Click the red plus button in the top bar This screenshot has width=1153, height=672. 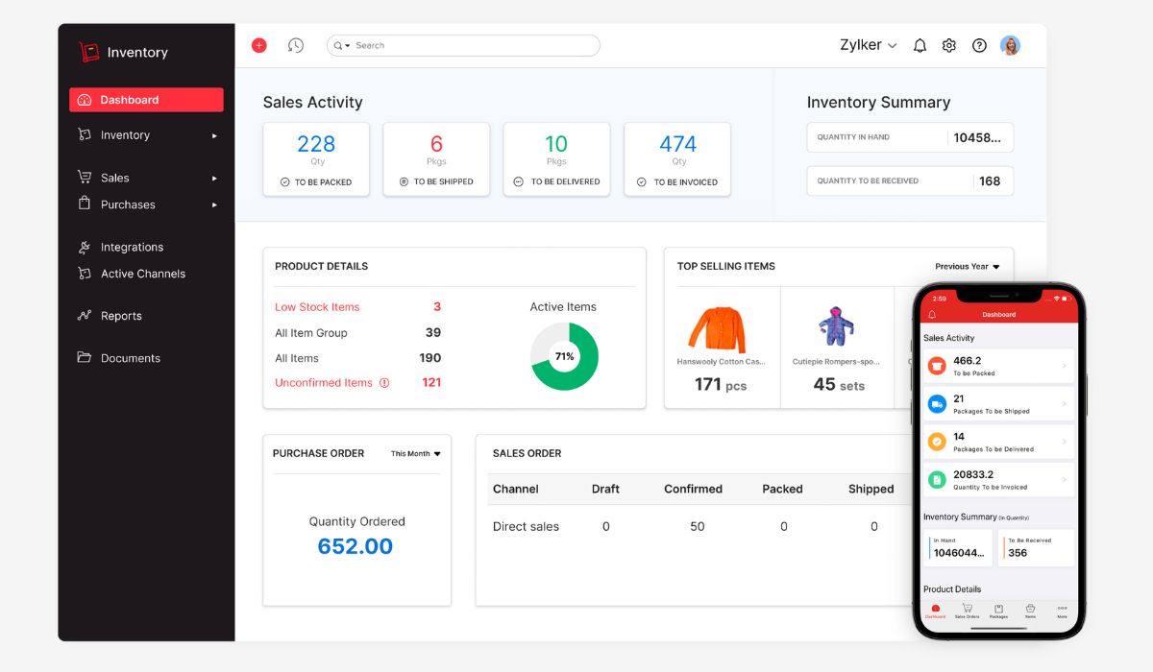pos(258,45)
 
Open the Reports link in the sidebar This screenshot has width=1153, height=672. pos(121,316)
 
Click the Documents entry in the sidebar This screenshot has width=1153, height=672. pos(130,358)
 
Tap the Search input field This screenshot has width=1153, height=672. pos(471,45)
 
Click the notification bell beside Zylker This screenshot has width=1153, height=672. pos(920,45)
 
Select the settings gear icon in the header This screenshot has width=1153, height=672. pos(949,45)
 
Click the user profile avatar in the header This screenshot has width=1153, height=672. pos(1010,45)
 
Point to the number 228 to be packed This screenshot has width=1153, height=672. pos(316,144)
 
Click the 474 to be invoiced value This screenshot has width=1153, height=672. pos(677,144)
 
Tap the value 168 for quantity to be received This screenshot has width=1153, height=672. pos(990,180)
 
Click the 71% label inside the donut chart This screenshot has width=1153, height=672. pos(564,356)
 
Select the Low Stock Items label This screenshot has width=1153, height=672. pos(317,307)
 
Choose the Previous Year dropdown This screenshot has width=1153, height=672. pos(968,267)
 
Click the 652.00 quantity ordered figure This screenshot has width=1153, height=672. pos(356,546)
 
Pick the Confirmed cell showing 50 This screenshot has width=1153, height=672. pos(698,526)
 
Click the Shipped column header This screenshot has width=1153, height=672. pos(871,489)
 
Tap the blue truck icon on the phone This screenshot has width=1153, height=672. pos(937,404)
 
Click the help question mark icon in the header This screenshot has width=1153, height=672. pos(979,45)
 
